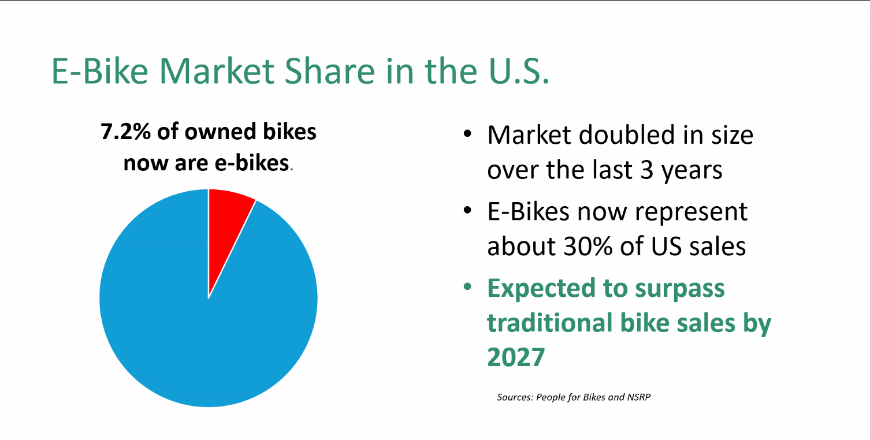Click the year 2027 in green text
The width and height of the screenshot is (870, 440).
[x=516, y=357]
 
